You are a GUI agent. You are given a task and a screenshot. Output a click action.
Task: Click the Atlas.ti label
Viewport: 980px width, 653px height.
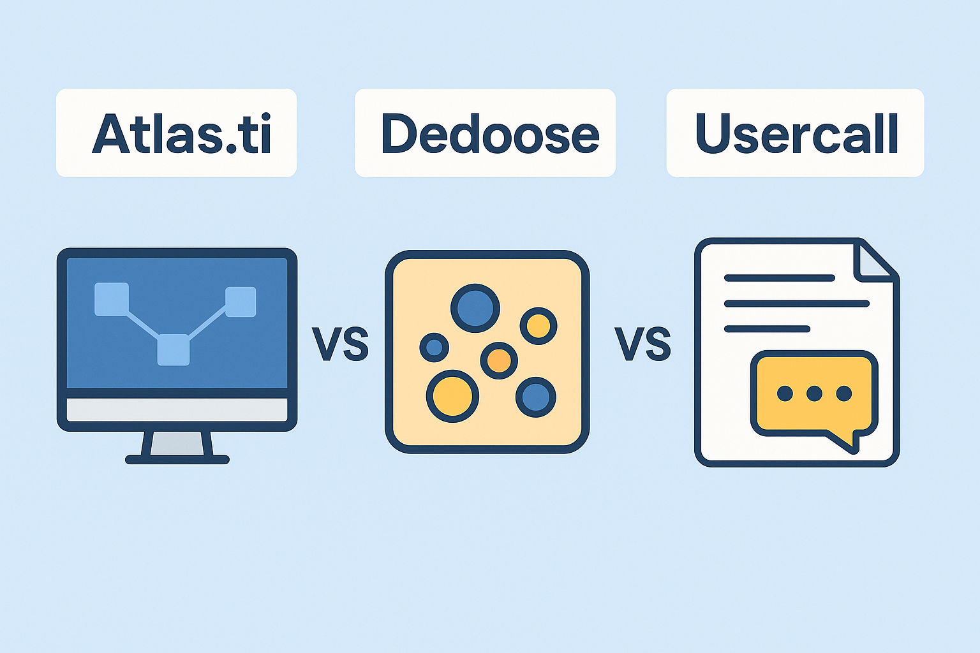182,134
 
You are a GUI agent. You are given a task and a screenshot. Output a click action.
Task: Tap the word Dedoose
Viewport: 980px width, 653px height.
489,134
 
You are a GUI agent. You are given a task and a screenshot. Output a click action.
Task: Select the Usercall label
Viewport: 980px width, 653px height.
797,134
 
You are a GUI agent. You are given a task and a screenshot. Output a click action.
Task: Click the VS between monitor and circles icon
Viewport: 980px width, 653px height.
340,344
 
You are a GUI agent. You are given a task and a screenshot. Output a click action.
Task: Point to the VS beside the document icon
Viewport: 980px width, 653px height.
642,344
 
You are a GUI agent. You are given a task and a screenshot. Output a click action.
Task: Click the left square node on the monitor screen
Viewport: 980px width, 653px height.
112,299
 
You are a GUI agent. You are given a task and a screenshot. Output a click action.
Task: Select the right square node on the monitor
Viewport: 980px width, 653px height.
241,302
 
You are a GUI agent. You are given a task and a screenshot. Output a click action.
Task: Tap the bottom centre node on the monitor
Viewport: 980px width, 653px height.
174,349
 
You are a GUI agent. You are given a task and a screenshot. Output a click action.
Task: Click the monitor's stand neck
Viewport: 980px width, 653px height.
177,443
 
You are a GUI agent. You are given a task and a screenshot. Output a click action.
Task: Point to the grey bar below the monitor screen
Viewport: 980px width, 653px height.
177,409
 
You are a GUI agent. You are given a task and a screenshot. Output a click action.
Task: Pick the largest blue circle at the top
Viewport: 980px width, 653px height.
475,308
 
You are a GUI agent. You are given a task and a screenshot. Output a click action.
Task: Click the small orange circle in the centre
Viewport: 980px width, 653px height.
499,360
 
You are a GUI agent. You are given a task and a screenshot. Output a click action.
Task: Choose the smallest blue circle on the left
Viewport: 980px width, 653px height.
434,348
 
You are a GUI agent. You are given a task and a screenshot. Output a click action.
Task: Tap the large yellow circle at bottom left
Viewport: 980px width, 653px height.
452,396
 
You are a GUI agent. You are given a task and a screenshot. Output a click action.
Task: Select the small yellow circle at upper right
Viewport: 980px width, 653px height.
538,326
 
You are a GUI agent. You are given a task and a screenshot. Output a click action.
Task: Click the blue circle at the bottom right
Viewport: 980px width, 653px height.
535,397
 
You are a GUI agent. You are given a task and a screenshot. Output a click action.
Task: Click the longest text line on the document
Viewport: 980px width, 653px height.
797,304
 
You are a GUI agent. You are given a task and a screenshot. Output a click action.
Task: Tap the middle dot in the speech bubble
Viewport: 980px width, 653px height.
814,393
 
